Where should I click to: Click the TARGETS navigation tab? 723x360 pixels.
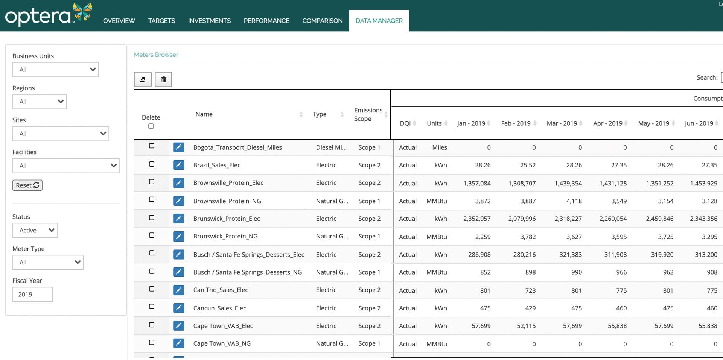point(161,21)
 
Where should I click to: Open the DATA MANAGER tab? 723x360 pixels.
point(379,21)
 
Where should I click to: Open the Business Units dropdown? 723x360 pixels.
point(55,70)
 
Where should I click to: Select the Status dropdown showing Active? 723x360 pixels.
point(35,230)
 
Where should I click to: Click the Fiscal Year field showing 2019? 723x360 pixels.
point(32,294)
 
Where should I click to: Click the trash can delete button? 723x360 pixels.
point(163,79)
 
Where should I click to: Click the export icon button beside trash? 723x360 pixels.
point(143,79)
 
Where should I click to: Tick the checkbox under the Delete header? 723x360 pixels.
point(151,126)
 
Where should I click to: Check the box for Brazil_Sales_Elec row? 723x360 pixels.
point(152,164)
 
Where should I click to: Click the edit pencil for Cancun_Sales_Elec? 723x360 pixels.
point(178,308)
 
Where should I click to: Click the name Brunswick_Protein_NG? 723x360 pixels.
point(225,236)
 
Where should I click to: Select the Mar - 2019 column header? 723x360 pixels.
point(562,123)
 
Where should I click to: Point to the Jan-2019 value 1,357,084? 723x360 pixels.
point(476,183)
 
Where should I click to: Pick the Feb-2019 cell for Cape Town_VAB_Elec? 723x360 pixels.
point(526,326)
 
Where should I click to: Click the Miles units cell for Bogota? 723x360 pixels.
point(439,147)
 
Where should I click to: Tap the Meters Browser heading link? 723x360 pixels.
point(156,55)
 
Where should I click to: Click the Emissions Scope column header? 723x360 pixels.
point(368,114)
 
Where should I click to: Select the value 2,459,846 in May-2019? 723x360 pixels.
point(659,219)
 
